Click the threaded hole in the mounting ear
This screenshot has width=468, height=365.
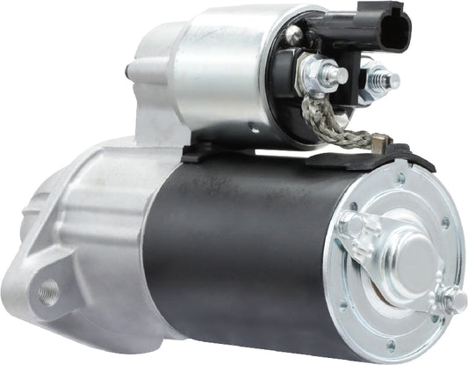(x=49, y=288)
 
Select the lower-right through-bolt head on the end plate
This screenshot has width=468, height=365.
(x=451, y=302)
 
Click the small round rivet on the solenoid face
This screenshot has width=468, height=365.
(x=297, y=34)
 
